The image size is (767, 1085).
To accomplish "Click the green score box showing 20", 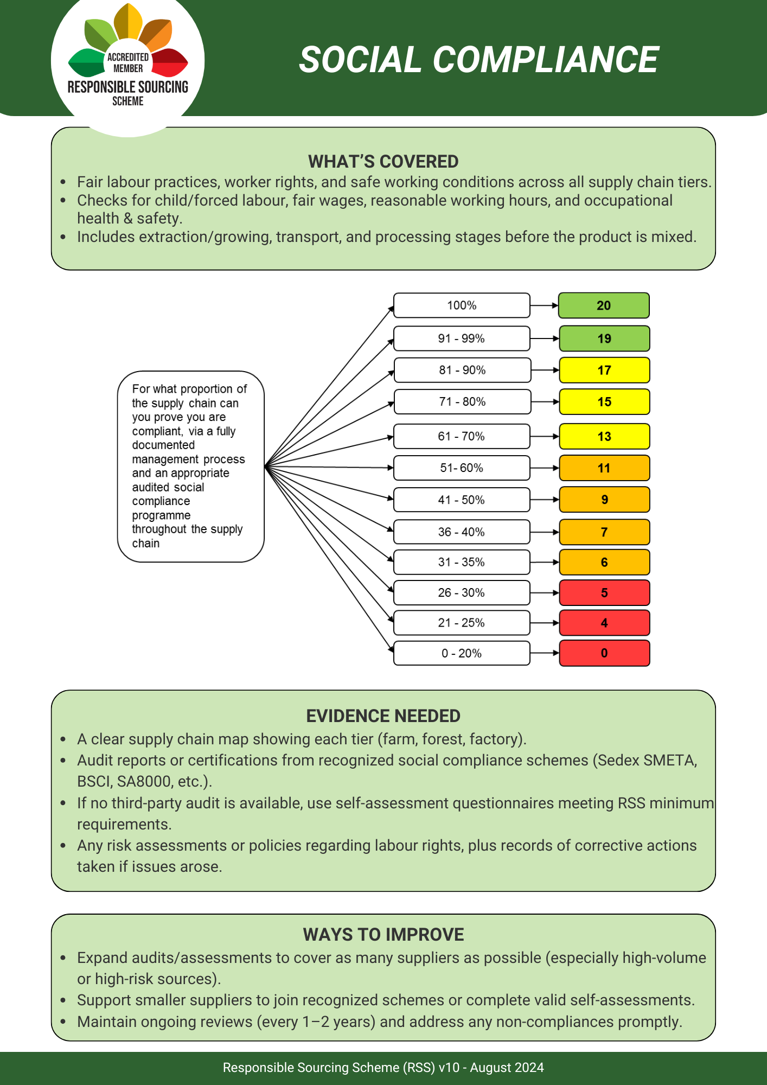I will point(604,305).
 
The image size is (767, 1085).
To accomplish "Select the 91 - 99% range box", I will point(462,339).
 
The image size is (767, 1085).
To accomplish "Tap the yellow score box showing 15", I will point(604,402).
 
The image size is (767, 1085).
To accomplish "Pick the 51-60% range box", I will point(462,468).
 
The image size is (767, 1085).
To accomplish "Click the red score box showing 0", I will point(604,653).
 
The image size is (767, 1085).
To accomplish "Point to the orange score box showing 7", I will point(604,532).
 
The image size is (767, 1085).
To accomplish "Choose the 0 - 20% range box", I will point(462,653).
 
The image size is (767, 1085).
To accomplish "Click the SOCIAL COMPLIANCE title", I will point(478,60).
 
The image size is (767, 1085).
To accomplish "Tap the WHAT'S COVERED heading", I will point(383,162).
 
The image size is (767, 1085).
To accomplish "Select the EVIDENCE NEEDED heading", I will point(383,716).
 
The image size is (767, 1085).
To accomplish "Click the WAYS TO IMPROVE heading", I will point(383,935).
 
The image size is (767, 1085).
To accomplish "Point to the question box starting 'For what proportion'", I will point(190,466).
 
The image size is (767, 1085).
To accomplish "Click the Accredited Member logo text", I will point(128,63).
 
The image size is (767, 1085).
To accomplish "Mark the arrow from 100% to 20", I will point(544,305).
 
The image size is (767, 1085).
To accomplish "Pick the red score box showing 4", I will point(604,623).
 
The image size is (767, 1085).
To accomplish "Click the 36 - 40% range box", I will point(462,532).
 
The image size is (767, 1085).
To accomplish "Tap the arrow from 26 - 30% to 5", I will point(544,593).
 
